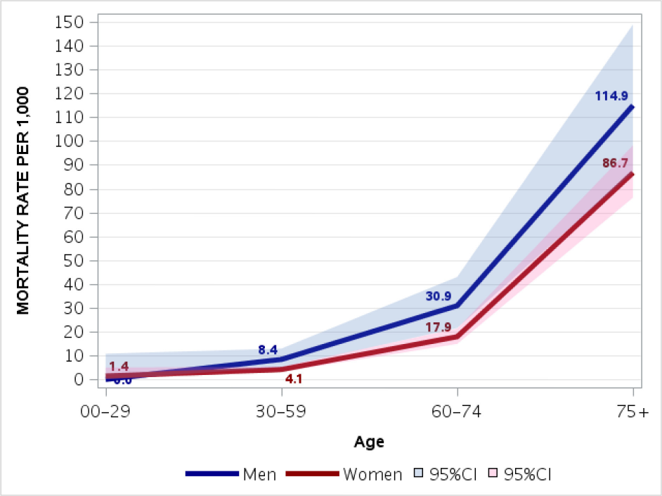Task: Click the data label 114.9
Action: pyautogui.click(x=611, y=96)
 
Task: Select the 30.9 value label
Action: pyautogui.click(x=438, y=296)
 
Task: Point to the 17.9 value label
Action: pyautogui.click(x=438, y=326)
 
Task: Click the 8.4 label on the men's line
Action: pyautogui.click(x=268, y=350)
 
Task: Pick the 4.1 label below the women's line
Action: pyautogui.click(x=293, y=379)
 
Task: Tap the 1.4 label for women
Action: pyautogui.click(x=119, y=366)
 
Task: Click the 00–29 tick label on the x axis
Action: pyautogui.click(x=106, y=412)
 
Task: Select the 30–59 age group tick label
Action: pyautogui.click(x=282, y=412)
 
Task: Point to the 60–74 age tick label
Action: pyautogui.click(x=457, y=412)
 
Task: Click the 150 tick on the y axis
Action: pyautogui.click(x=68, y=22)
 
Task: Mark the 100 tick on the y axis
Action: pyautogui.click(x=68, y=141)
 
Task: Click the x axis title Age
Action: pyautogui.click(x=369, y=443)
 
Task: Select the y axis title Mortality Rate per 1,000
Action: pyautogui.click(x=23, y=201)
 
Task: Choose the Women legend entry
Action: pyautogui.click(x=372, y=474)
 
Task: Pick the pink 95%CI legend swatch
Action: pyautogui.click(x=495, y=474)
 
